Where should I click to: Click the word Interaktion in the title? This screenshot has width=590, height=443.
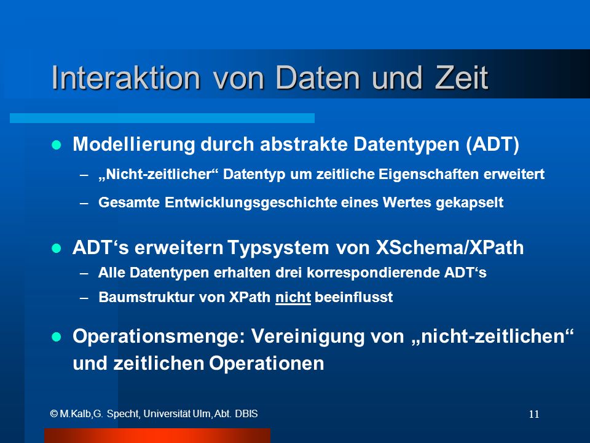tap(125, 78)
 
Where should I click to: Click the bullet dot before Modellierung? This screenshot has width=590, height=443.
tap(57, 145)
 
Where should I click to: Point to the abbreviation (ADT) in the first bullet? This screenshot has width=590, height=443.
tap(492, 144)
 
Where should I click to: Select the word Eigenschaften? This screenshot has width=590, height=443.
tap(428, 174)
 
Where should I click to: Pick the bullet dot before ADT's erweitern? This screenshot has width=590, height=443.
tap(57, 248)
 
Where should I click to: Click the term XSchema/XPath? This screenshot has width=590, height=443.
tap(450, 248)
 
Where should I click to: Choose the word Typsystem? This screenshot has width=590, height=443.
tap(278, 248)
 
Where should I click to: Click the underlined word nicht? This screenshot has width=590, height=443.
tap(293, 297)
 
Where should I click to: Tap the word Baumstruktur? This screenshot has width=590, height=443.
tap(146, 297)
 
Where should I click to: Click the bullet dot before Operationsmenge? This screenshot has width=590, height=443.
tap(57, 337)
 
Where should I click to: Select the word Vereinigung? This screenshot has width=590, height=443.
tap(308, 337)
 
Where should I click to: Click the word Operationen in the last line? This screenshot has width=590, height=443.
tap(266, 364)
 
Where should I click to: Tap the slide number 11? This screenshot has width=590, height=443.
tap(534, 414)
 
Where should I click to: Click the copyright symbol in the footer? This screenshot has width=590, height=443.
tap(54, 414)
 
